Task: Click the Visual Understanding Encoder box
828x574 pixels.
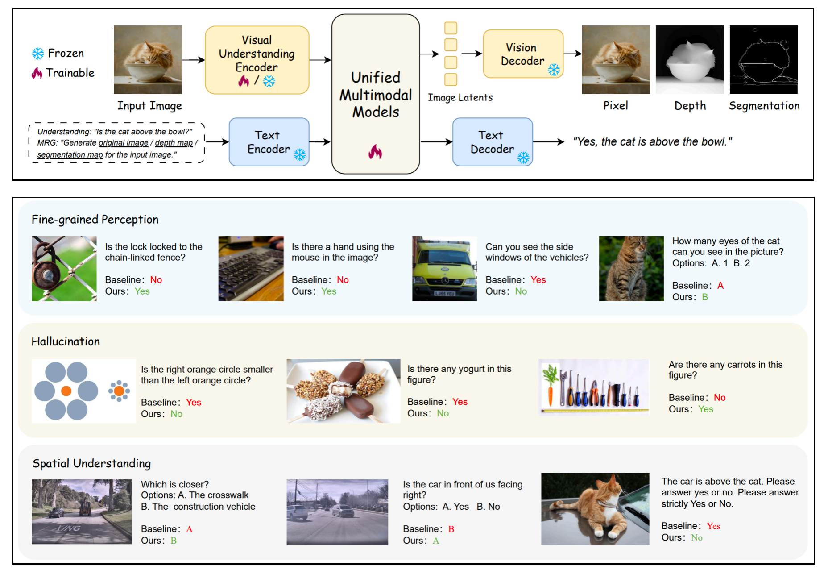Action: [x=257, y=60]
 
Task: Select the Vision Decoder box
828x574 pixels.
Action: [x=523, y=54]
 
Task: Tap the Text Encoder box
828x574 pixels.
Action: [x=269, y=142]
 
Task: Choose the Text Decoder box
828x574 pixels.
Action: [x=493, y=142]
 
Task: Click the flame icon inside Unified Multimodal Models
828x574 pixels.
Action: [x=375, y=152]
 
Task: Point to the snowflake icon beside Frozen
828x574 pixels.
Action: [x=38, y=54]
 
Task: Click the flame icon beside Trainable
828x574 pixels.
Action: [x=37, y=73]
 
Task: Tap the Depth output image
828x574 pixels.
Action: [x=690, y=59]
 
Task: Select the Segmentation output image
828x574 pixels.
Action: [x=764, y=59]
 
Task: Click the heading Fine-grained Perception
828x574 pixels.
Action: [x=95, y=220]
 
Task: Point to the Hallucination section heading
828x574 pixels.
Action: [x=66, y=341]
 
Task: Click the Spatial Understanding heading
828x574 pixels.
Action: [x=91, y=464]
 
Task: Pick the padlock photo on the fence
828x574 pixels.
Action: [x=64, y=269]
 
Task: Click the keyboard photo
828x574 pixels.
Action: [x=251, y=269]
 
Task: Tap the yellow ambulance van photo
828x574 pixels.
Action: [x=445, y=269]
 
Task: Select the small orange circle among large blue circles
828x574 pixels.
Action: [x=66, y=391]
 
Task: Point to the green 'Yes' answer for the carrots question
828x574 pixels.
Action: [x=706, y=409]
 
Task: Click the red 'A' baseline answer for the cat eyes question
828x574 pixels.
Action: [x=720, y=286]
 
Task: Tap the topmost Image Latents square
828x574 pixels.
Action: [x=451, y=28]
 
